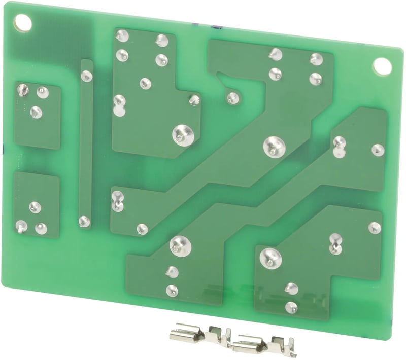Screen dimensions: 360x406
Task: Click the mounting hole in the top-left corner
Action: point(23,21)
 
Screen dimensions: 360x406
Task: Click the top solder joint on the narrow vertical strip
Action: point(87,76)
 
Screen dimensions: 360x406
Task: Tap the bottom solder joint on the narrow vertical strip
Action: point(84,221)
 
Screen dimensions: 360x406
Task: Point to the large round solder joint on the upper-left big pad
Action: point(181,134)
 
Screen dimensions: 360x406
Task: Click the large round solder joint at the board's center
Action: point(272,147)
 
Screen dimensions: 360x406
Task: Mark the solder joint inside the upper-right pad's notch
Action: point(232,97)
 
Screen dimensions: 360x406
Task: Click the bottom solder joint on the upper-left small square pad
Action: point(36,112)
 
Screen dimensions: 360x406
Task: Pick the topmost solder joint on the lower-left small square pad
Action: point(35,206)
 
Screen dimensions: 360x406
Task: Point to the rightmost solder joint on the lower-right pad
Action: point(374,228)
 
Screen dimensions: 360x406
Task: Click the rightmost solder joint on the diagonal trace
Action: point(378,150)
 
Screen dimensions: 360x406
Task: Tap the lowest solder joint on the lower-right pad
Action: point(291,307)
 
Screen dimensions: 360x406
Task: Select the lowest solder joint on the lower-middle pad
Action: point(172,291)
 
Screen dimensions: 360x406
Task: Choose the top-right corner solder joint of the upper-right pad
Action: point(316,59)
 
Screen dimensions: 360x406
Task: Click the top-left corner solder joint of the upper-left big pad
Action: point(122,36)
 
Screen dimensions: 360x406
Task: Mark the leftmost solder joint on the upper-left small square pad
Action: point(23,90)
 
